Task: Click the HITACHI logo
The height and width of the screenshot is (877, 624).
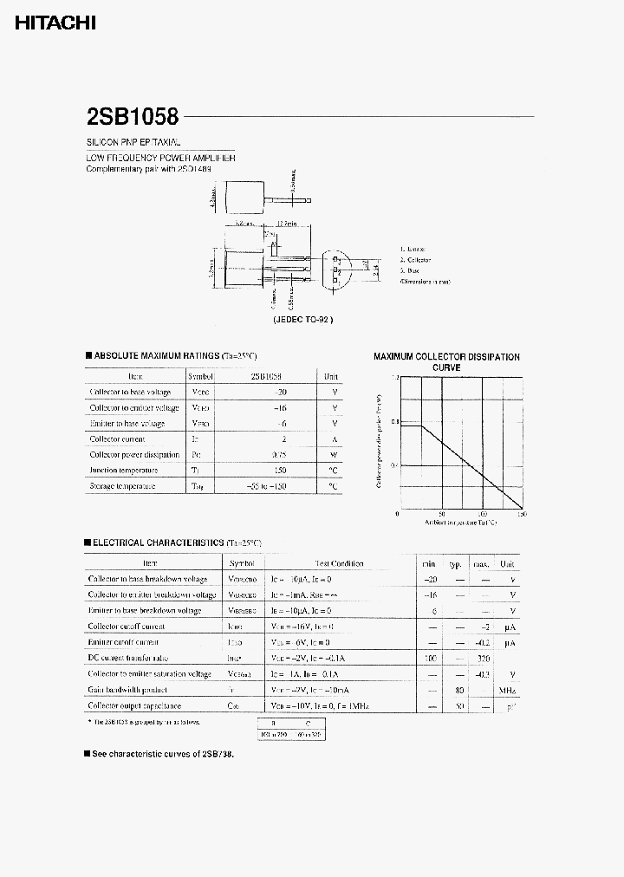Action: tap(55, 23)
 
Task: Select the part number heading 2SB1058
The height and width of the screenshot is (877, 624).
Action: tap(132, 117)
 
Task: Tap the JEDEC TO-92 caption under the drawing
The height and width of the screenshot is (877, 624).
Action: tap(302, 319)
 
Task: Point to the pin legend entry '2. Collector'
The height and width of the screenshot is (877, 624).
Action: tap(415, 260)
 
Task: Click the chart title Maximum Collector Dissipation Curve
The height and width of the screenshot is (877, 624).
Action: tap(446, 361)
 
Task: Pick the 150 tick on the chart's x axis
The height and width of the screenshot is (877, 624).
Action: tap(522, 514)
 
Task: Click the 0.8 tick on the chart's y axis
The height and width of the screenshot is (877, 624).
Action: tap(393, 422)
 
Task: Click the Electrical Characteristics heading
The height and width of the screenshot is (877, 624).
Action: tap(173, 542)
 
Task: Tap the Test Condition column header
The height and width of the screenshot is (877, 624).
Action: tap(340, 563)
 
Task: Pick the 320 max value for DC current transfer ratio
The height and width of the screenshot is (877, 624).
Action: tap(483, 659)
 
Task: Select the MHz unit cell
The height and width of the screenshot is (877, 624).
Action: tap(508, 691)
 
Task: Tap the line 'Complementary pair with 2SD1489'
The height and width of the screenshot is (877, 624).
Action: tap(148, 169)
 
